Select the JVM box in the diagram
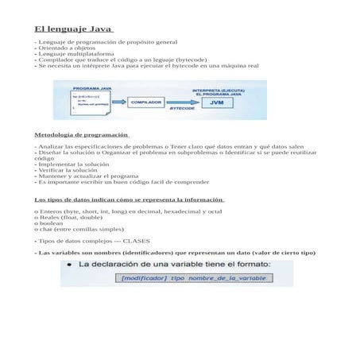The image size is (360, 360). coord(217,103)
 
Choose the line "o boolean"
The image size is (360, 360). coord(51,225)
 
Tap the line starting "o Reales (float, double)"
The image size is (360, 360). coord(68,219)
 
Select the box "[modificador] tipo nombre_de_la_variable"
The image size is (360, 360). coord(182,277)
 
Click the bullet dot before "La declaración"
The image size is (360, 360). coord(69,265)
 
